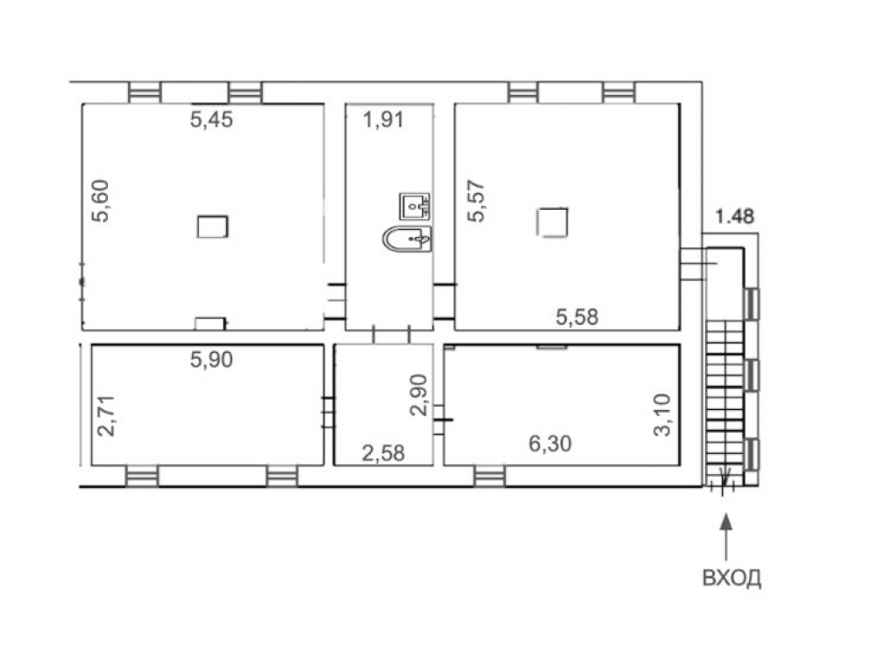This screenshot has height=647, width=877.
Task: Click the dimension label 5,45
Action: coord(211,119)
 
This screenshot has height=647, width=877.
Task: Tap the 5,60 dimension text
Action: coord(101,202)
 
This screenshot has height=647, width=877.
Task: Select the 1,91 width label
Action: coord(384,119)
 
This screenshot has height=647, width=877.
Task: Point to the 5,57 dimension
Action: coord(476,202)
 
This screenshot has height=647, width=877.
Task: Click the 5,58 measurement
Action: coord(577,317)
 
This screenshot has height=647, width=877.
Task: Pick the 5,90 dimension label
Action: coord(211,359)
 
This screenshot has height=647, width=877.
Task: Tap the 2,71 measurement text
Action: coord(106,416)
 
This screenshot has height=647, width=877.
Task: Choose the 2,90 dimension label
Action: coord(418,394)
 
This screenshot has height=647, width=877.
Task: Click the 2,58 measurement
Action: coord(383,453)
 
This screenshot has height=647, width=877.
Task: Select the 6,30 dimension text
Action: coord(551,444)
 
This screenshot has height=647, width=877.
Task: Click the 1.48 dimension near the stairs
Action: coord(735,216)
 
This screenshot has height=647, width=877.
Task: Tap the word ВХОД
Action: coord(731,578)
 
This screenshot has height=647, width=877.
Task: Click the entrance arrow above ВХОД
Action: coord(726,537)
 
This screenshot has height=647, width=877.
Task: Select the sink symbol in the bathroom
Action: coord(415,206)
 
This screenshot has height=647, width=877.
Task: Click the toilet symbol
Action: coord(407,239)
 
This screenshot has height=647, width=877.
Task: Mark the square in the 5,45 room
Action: coord(212,226)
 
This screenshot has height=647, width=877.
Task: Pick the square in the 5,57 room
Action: coord(553,222)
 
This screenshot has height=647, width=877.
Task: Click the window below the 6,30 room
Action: coord(490,477)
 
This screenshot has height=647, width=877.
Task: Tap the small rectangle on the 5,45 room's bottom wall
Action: coord(210,323)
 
